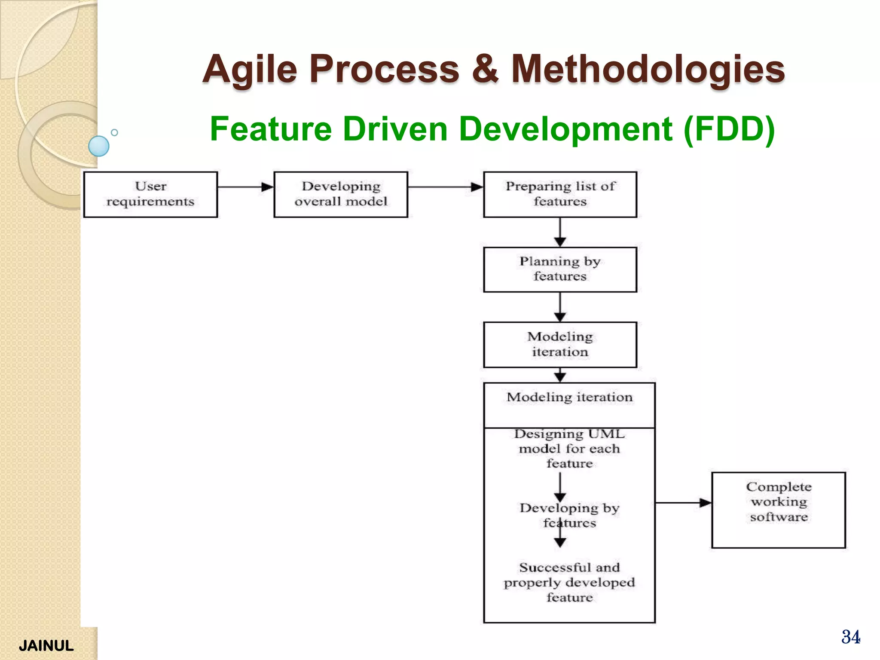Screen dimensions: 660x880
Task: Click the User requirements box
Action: [150, 194]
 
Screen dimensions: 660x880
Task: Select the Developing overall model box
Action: [341, 194]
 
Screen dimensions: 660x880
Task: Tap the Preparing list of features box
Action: [560, 194]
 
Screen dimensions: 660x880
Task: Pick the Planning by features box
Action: [560, 269]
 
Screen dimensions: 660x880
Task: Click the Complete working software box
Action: [778, 510]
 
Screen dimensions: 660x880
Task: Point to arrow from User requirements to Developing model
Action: [245, 187]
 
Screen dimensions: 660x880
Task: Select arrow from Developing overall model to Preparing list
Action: [445, 187]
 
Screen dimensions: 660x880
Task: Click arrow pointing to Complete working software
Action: [683, 503]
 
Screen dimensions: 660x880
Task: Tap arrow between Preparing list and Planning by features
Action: [560, 232]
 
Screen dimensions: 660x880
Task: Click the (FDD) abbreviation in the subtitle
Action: [729, 129]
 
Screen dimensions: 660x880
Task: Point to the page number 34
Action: [850, 637]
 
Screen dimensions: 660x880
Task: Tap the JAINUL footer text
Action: [46, 645]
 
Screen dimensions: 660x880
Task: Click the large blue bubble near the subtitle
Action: [99, 146]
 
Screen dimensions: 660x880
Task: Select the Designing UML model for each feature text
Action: [569, 449]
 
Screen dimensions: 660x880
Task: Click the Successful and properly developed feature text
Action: [569, 582]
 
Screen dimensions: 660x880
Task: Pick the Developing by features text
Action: [569, 515]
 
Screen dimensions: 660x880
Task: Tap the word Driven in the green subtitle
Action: [395, 129]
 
